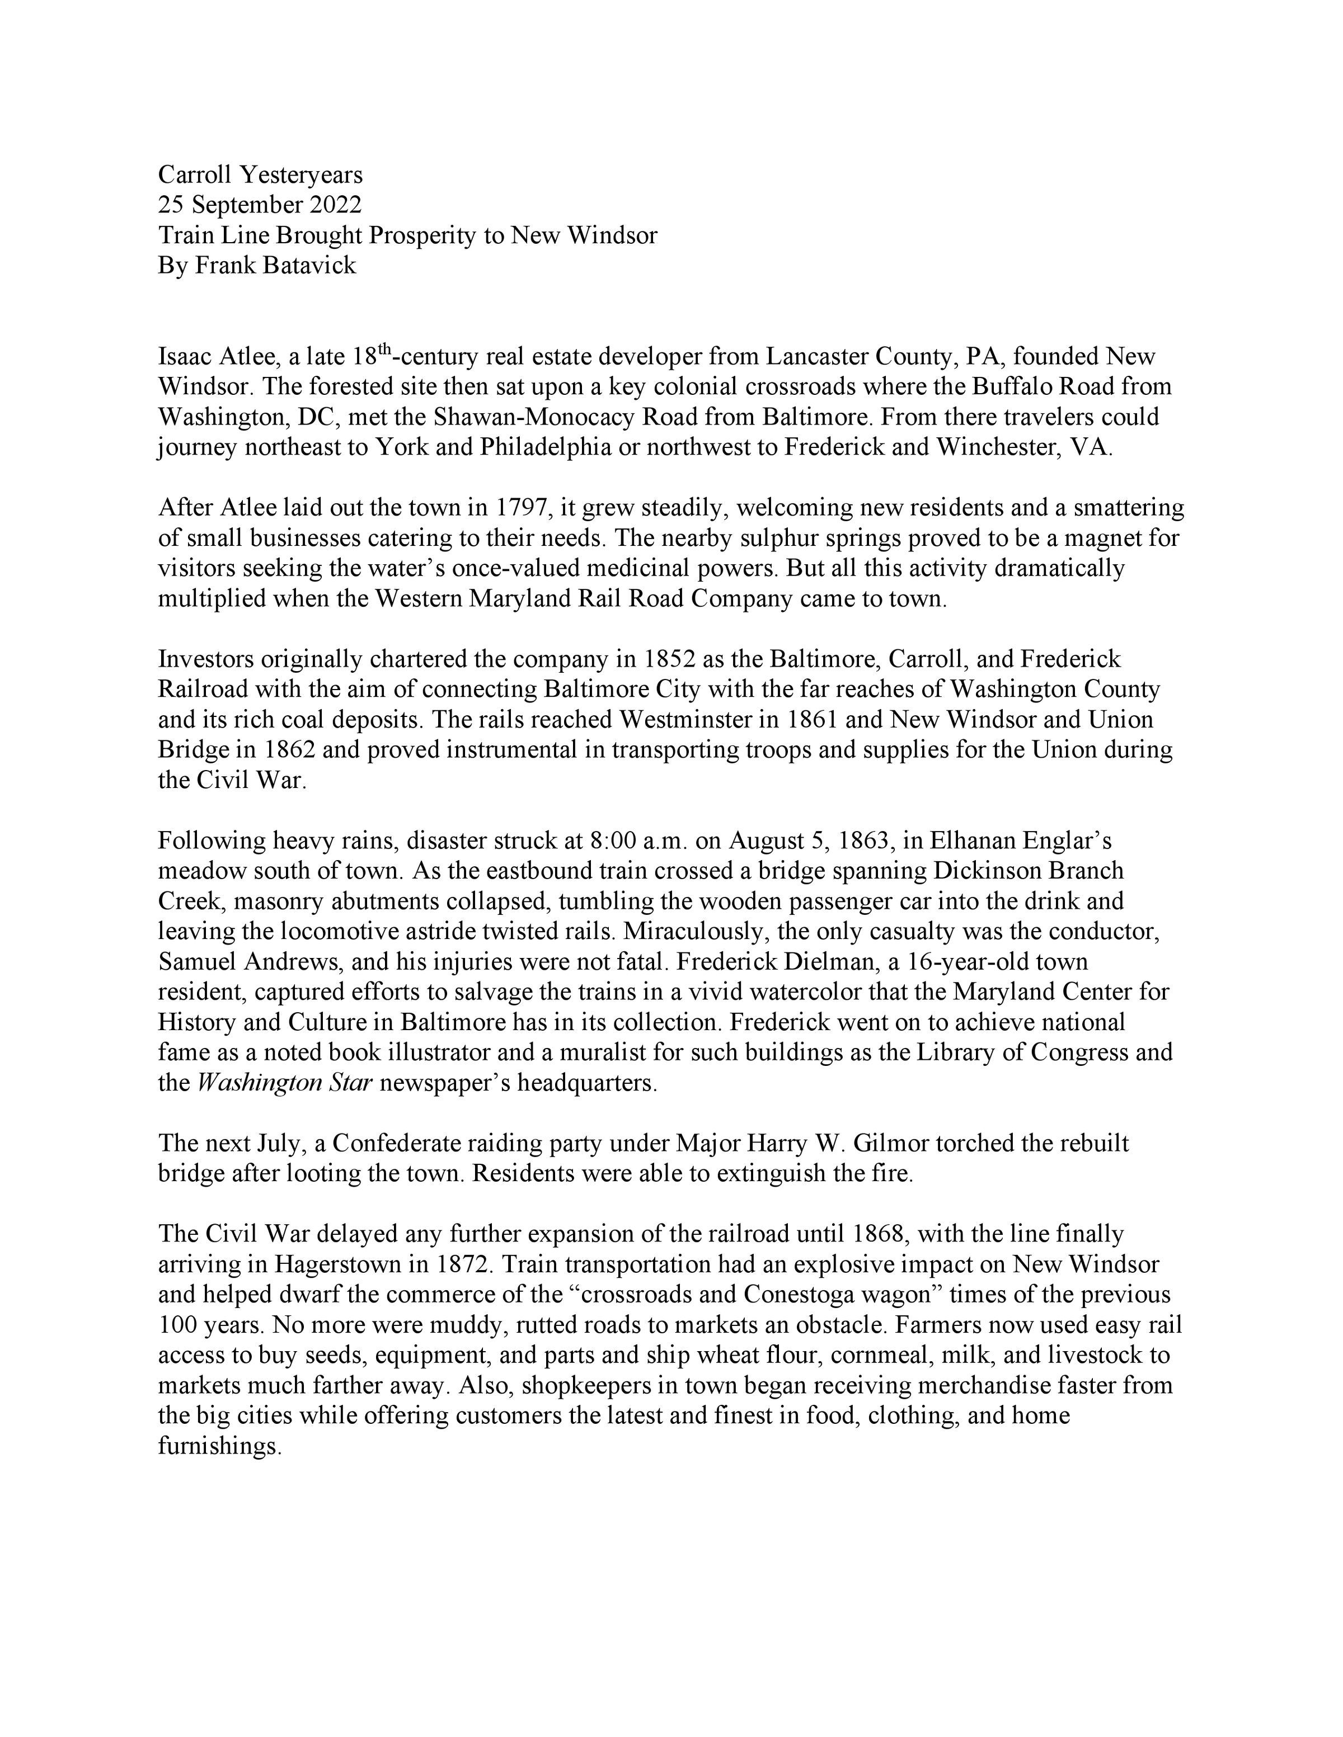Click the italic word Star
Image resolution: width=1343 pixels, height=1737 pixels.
[351, 1083]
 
